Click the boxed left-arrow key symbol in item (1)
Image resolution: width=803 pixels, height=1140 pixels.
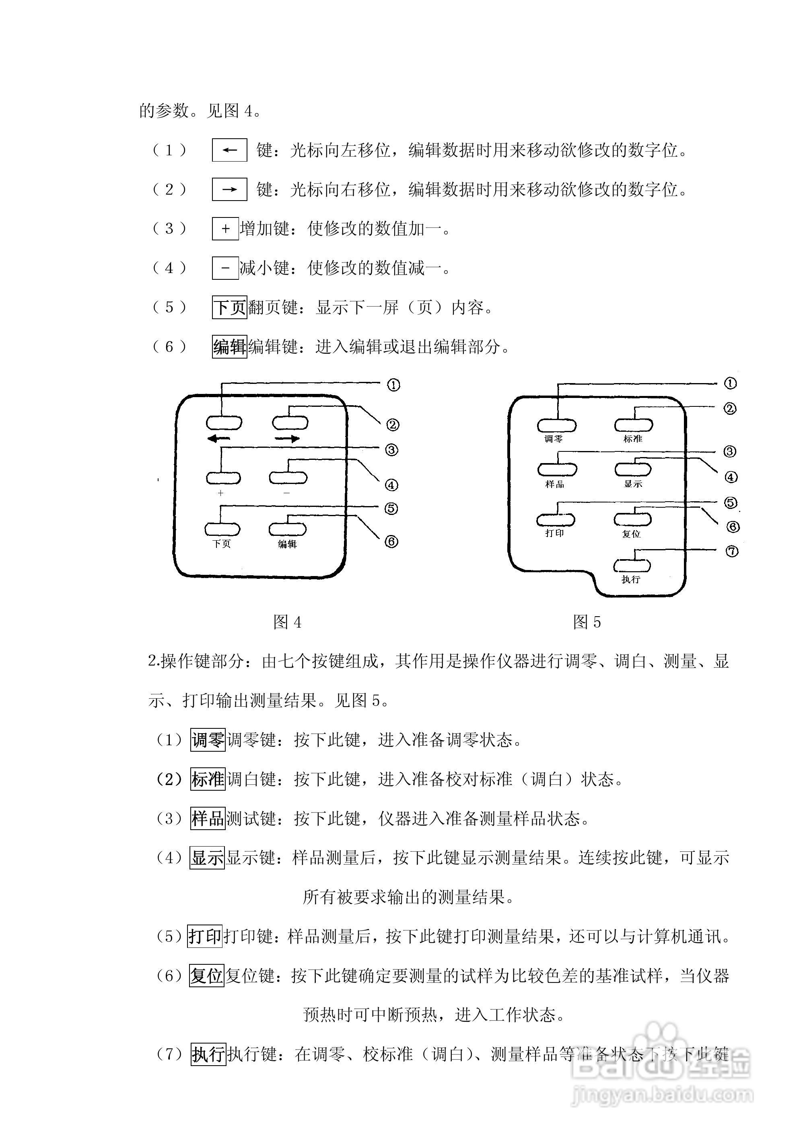(x=230, y=150)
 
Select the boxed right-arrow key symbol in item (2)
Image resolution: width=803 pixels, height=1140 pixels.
(x=230, y=189)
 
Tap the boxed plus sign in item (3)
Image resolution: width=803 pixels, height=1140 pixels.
(x=226, y=228)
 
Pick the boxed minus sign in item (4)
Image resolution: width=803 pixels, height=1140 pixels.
(x=226, y=268)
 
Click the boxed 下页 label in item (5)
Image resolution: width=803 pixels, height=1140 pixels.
(x=230, y=308)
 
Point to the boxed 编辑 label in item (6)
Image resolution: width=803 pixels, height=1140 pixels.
(x=230, y=347)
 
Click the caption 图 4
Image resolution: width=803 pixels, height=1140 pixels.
(x=287, y=622)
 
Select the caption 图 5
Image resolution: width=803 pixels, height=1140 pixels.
(x=587, y=622)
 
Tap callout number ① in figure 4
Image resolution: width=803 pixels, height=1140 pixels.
(x=393, y=385)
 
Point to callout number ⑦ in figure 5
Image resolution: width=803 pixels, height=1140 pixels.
(x=732, y=551)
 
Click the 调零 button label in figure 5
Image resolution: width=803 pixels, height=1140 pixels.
(x=554, y=439)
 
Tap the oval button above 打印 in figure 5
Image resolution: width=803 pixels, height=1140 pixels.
(x=556, y=520)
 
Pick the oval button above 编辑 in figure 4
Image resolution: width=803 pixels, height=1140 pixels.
(x=288, y=529)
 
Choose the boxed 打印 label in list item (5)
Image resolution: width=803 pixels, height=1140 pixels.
(x=205, y=937)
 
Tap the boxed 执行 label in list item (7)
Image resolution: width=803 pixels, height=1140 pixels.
(x=209, y=1055)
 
